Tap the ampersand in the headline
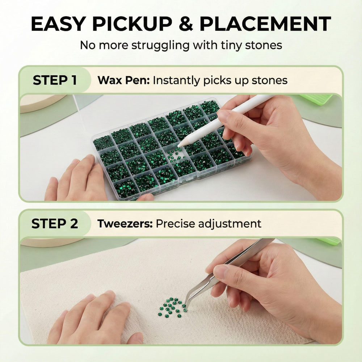186,24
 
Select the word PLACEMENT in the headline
265,24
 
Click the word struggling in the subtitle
160,46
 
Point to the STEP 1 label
55,80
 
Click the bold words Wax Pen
124,80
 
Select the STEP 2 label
55,224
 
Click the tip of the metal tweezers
185,305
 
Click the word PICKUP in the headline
132,24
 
